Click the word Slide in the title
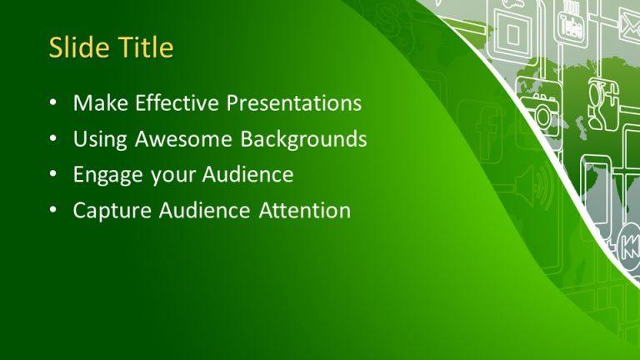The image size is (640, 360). coord(73,47)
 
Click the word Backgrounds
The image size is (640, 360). coord(304,139)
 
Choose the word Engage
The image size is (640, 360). coord(102,176)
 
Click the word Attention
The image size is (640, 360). coord(301,211)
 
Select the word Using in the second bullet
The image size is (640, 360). coord(94,140)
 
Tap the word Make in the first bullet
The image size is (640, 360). coord(94,103)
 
